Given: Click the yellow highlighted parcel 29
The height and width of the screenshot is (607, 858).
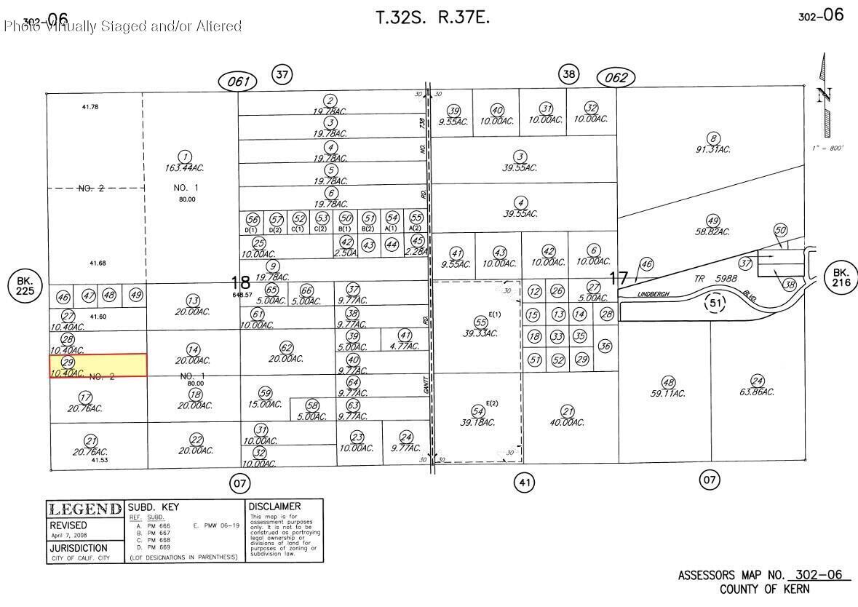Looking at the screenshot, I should point(98,365).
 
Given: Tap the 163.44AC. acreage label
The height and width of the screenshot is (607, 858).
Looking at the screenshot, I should point(185,168).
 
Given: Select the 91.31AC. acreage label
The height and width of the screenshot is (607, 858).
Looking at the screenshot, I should point(713,149).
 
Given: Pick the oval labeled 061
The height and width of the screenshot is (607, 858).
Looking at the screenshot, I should point(238,82).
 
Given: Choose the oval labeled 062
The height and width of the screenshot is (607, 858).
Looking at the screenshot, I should point(616,77).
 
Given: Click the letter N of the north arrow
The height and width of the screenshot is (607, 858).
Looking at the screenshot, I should point(824,96).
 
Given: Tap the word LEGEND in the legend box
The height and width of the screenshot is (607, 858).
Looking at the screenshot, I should point(84,509).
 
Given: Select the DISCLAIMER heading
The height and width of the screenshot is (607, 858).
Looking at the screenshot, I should point(274,507).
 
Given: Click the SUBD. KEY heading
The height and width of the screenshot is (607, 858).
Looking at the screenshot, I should point(154,507).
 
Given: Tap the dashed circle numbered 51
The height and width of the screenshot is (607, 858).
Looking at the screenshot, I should point(716,303).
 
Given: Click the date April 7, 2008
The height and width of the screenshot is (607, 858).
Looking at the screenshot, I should point(69,535).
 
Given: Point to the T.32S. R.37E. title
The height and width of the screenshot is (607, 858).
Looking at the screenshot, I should point(432,17).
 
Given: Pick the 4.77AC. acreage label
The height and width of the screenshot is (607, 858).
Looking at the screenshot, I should point(405,346).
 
